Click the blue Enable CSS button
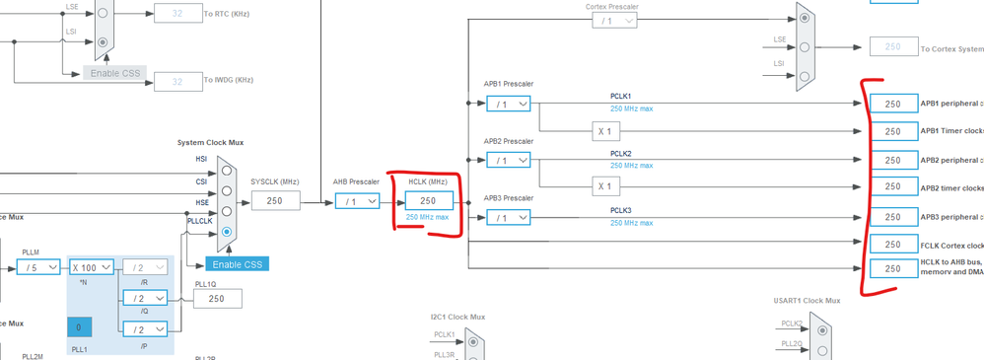point(236,263)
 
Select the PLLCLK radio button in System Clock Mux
point(228,232)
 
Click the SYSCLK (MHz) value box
point(275,200)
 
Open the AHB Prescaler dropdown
point(358,200)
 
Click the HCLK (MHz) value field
point(428,200)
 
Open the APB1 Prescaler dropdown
point(508,104)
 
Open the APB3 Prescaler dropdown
point(508,218)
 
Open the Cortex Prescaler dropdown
point(615,21)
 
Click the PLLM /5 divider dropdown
point(38,266)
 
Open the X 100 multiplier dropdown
point(91,266)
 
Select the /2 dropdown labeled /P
point(143,328)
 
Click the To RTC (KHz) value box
point(177,15)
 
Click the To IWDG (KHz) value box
point(177,82)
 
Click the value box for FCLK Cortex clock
point(891,245)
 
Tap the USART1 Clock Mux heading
point(807,301)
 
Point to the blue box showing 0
point(79,327)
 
